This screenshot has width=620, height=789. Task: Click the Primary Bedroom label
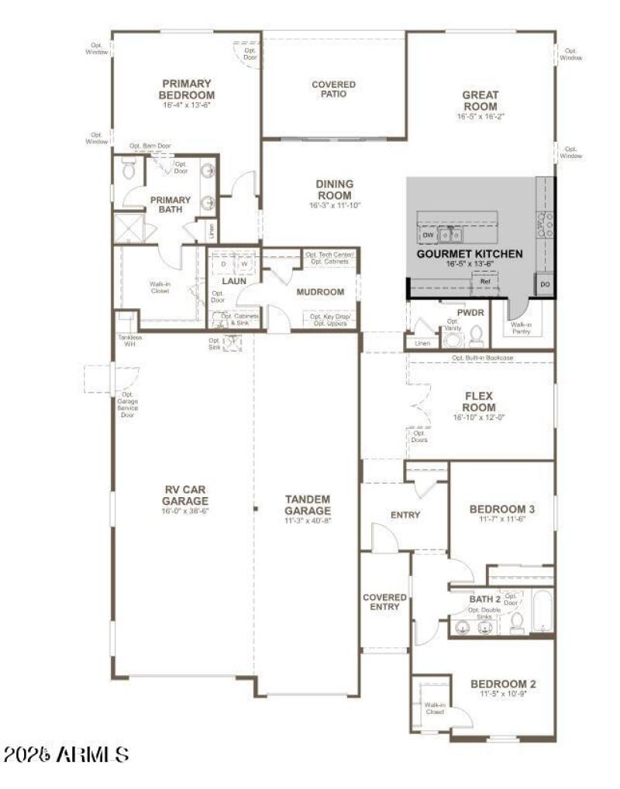point(187,89)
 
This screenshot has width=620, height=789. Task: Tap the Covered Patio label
point(334,89)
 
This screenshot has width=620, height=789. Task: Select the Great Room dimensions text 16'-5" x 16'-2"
point(480,117)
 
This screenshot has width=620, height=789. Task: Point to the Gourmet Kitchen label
point(470,254)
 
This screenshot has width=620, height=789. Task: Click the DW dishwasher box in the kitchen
point(428,234)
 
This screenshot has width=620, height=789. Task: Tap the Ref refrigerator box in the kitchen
point(485,282)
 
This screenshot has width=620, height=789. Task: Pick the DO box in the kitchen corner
point(545,285)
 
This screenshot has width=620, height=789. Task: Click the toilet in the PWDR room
point(477,336)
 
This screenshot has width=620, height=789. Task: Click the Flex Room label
point(480,400)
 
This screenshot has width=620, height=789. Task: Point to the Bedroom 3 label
point(502,509)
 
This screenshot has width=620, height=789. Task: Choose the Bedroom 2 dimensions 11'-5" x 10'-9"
point(503,695)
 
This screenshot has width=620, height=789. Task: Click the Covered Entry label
point(385,602)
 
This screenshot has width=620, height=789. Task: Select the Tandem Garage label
point(307,505)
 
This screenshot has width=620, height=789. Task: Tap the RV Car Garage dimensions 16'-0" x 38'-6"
point(187,511)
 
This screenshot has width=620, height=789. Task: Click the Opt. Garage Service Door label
point(127,405)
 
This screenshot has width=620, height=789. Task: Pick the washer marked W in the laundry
point(244,263)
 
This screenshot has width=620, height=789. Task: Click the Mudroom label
point(320,292)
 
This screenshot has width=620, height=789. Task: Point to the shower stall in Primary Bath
point(126,228)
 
